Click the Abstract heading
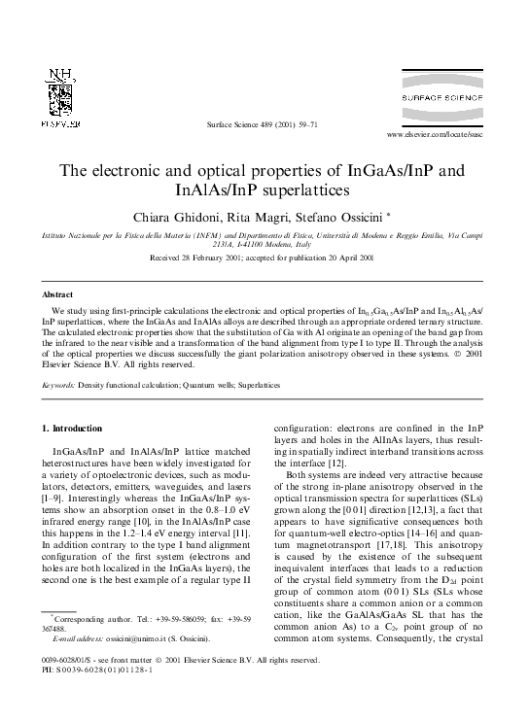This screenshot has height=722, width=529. click(x=57, y=292)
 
